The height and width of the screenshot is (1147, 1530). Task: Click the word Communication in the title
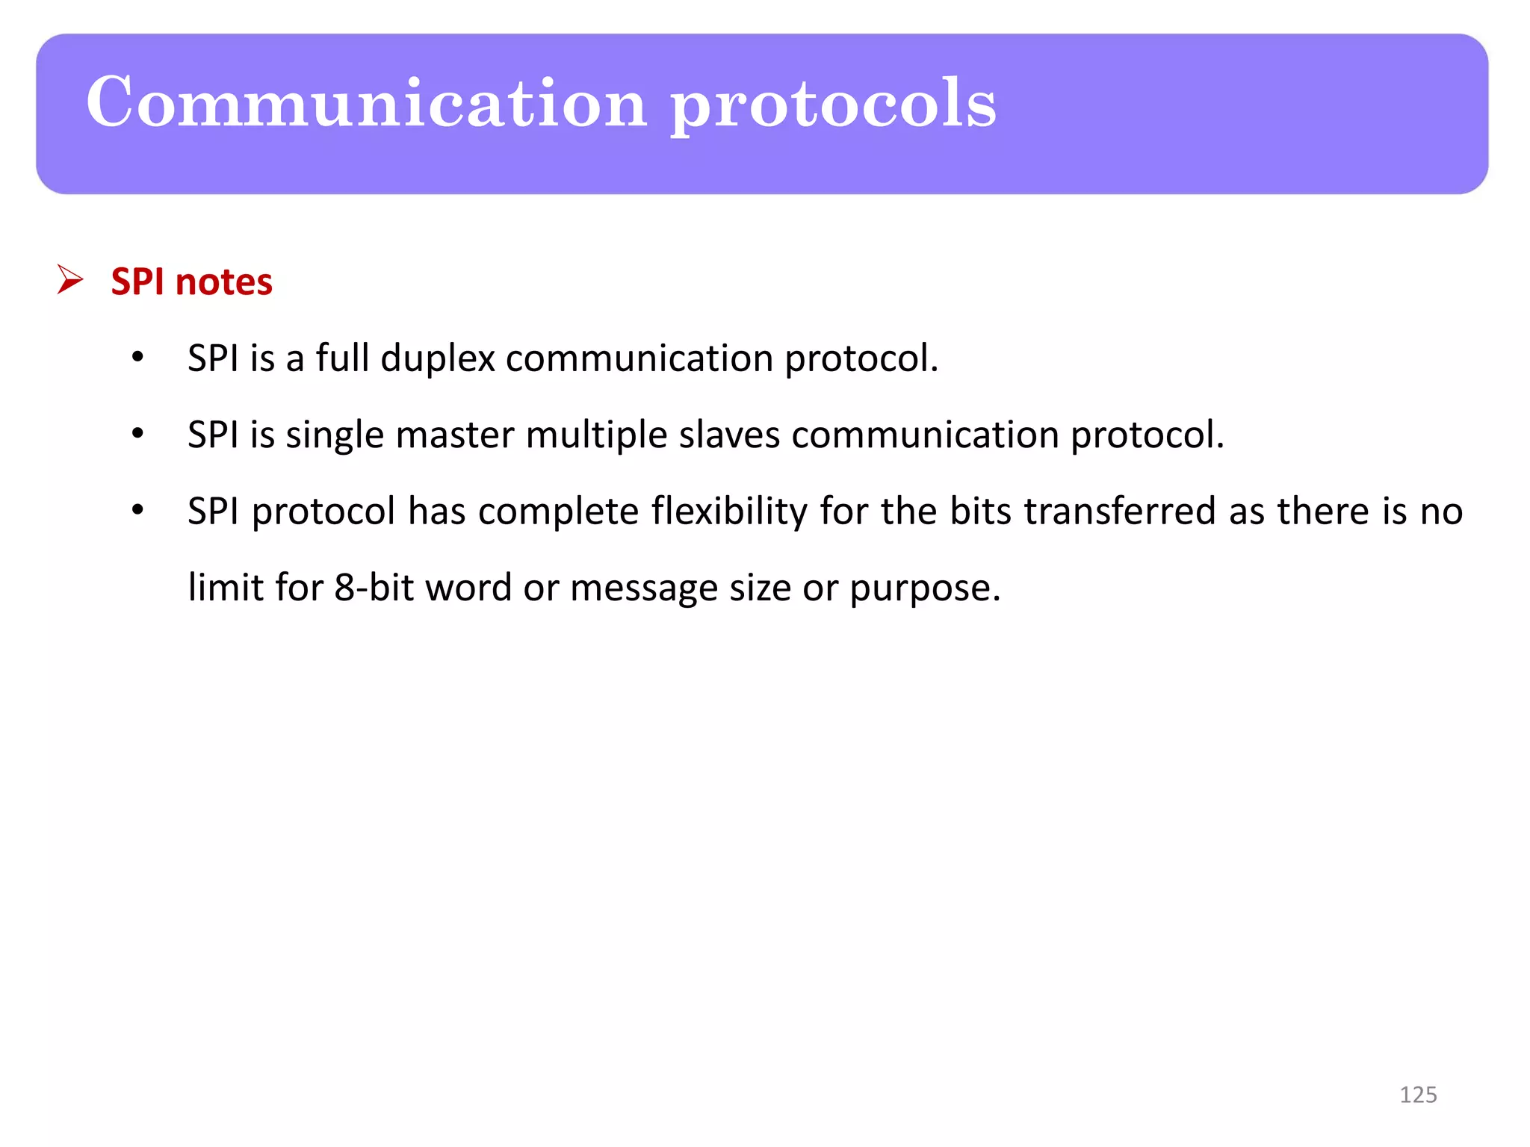click(366, 103)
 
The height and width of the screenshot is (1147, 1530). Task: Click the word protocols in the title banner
click(833, 105)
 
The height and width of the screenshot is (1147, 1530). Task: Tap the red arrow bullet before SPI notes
click(70, 280)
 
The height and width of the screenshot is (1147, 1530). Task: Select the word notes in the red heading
click(224, 282)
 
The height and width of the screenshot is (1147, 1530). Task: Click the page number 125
click(1418, 1095)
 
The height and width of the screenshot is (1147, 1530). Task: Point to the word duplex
click(438, 359)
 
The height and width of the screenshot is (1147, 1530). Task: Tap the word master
click(455, 435)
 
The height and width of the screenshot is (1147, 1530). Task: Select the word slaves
click(729, 435)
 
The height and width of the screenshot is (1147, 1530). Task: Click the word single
click(335, 436)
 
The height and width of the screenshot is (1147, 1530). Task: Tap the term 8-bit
click(374, 588)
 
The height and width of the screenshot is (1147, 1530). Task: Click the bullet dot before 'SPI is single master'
click(137, 434)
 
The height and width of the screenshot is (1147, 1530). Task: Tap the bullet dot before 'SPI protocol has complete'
click(137, 511)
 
